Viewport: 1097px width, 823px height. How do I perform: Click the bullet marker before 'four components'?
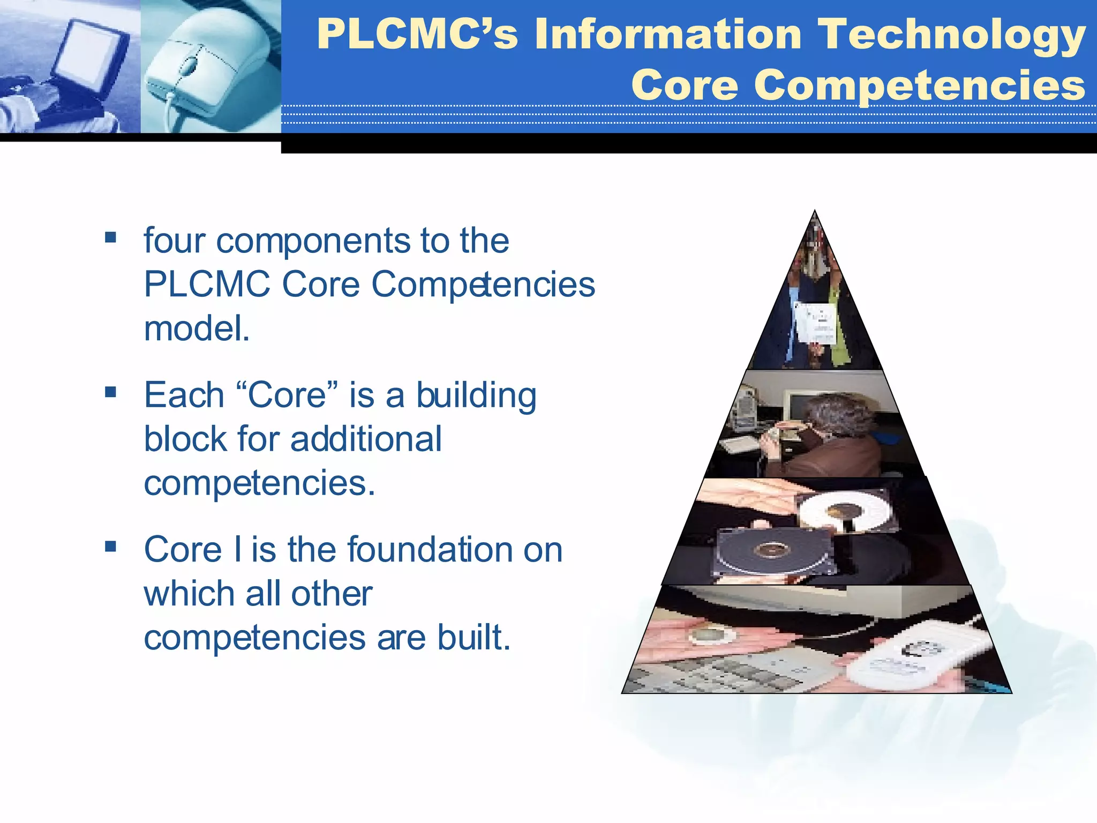tap(111, 237)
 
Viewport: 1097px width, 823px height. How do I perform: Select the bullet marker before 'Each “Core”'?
tap(111, 392)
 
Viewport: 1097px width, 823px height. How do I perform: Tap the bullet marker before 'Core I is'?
tap(111, 546)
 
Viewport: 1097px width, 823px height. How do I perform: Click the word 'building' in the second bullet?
tap(476, 395)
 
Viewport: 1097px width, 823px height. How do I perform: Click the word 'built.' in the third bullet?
tap(474, 638)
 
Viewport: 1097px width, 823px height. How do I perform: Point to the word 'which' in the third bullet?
tap(188, 594)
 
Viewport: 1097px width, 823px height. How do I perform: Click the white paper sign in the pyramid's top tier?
tap(815, 321)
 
